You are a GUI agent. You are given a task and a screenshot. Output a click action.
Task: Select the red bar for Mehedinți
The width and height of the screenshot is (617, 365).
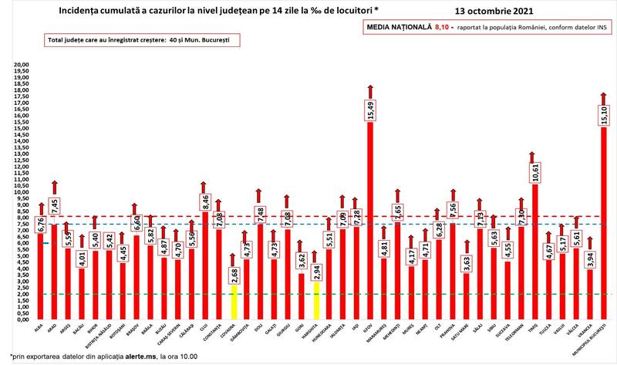tap(397, 270)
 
